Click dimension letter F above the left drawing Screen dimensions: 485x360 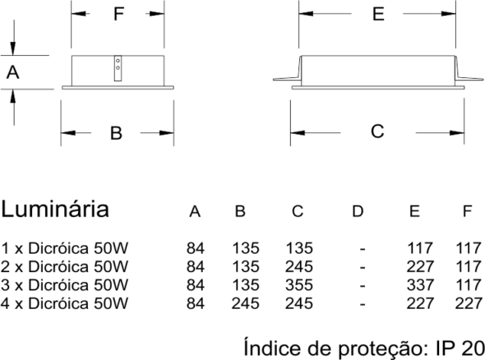[119, 14]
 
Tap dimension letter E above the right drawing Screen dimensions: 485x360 [379, 14]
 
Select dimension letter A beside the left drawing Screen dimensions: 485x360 [12, 72]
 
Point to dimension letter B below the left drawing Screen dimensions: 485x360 [116, 133]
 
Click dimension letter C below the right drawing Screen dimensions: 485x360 [377, 132]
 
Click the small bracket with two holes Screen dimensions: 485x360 [118, 68]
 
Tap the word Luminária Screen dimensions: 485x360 [55, 209]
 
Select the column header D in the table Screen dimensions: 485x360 [358, 211]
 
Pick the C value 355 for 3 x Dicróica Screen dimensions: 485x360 [299, 285]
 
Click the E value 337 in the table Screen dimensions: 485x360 [420, 285]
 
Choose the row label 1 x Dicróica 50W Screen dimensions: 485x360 [64, 248]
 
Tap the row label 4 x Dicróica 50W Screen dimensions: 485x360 [64, 303]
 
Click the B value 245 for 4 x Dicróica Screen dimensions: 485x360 [245, 303]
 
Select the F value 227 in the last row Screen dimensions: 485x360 [469, 303]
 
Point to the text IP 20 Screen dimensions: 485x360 [460, 348]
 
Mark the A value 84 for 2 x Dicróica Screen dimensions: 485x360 [196, 266]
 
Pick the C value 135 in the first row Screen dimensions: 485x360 [299, 248]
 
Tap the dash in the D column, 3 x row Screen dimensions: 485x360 [363, 285]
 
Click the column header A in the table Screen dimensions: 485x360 [195, 211]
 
